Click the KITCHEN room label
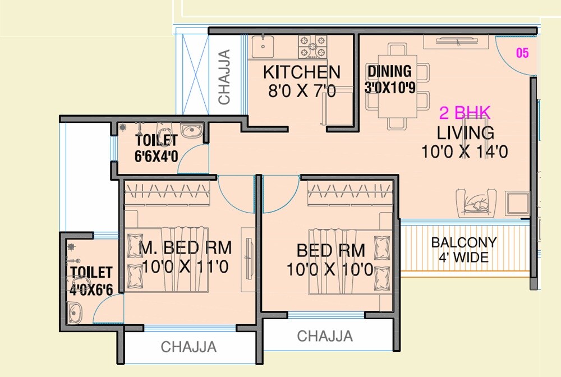[x=302, y=72]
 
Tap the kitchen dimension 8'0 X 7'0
[x=302, y=90]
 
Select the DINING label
[x=389, y=72]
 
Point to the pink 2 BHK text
[x=465, y=113]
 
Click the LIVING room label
[x=466, y=133]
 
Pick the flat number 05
[x=522, y=53]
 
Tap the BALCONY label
[x=463, y=243]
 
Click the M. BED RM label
[x=185, y=248]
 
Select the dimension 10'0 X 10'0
[x=330, y=270]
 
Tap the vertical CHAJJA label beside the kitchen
[x=224, y=77]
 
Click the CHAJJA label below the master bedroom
[x=188, y=347]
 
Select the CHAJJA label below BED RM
[x=325, y=336]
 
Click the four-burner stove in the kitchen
[x=312, y=47]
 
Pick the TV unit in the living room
[x=455, y=42]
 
